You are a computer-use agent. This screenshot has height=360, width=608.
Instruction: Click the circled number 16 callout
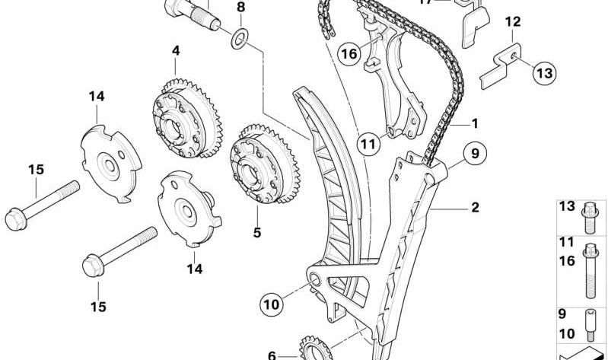[x=349, y=53]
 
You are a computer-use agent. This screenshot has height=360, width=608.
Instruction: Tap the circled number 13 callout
[x=543, y=73]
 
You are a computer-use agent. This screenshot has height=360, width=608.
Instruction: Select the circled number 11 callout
[x=369, y=142]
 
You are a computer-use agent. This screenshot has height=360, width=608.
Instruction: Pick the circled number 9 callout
[x=475, y=155]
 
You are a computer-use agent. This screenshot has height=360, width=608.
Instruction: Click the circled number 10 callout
[x=272, y=304]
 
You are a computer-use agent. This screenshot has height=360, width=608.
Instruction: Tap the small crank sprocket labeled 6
[x=313, y=349]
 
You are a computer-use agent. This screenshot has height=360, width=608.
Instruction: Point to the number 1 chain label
[x=474, y=122]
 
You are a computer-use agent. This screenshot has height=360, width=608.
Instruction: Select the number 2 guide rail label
[x=474, y=207]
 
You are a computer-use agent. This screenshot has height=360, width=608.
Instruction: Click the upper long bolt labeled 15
[x=43, y=203]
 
